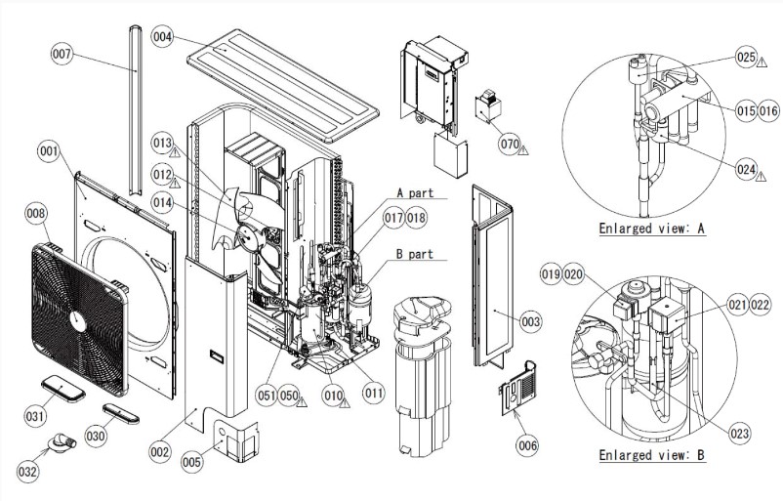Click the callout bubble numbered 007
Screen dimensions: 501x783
click(62, 55)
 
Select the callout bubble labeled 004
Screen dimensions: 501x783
click(163, 37)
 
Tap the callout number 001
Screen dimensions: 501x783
click(48, 151)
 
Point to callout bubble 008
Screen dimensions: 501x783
click(36, 213)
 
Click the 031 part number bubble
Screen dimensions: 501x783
click(36, 416)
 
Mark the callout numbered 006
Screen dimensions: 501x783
click(527, 445)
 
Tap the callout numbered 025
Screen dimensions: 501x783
click(747, 59)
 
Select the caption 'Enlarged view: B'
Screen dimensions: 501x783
click(650, 455)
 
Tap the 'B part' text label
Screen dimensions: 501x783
click(414, 254)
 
